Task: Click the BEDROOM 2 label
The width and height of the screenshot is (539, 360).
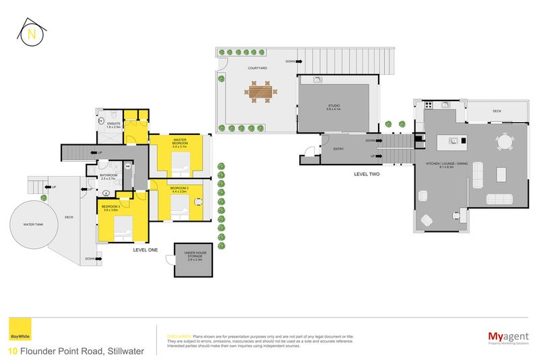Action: pos(179,189)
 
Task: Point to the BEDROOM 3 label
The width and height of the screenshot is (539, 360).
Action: pos(110,208)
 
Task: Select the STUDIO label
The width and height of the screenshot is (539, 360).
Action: pos(334,106)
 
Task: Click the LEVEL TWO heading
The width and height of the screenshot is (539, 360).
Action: pos(369,174)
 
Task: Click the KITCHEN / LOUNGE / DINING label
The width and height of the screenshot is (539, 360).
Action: pos(443,164)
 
